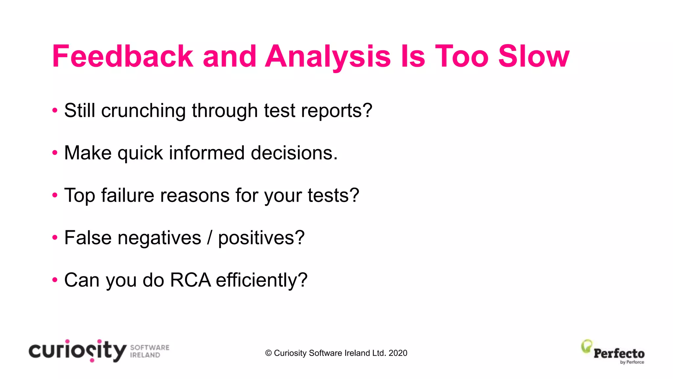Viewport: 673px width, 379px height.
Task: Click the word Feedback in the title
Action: click(x=123, y=56)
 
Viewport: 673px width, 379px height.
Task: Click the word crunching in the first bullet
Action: click(x=143, y=111)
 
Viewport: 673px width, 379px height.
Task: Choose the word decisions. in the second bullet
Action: click(x=294, y=153)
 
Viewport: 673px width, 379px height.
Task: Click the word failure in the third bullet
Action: click(x=128, y=195)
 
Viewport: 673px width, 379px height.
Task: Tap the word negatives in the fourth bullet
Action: click(x=159, y=238)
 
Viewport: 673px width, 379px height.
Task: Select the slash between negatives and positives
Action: click(x=210, y=238)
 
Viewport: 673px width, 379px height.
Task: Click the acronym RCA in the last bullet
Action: click(x=191, y=280)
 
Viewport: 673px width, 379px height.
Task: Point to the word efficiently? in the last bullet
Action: click(x=262, y=280)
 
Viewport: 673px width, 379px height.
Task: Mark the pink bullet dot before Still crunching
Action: click(x=55, y=111)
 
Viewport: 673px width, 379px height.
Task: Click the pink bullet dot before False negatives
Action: click(x=55, y=238)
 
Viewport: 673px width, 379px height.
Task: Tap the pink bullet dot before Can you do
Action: click(x=55, y=280)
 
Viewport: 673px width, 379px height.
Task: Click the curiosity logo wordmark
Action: click(x=78, y=351)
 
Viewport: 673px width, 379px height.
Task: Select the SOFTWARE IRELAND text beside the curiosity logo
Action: click(x=150, y=351)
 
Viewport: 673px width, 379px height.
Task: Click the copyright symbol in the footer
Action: click(x=268, y=353)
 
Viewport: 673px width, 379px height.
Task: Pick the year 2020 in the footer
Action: click(x=398, y=353)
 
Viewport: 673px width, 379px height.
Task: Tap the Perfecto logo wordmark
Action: click(x=619, y=354)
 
